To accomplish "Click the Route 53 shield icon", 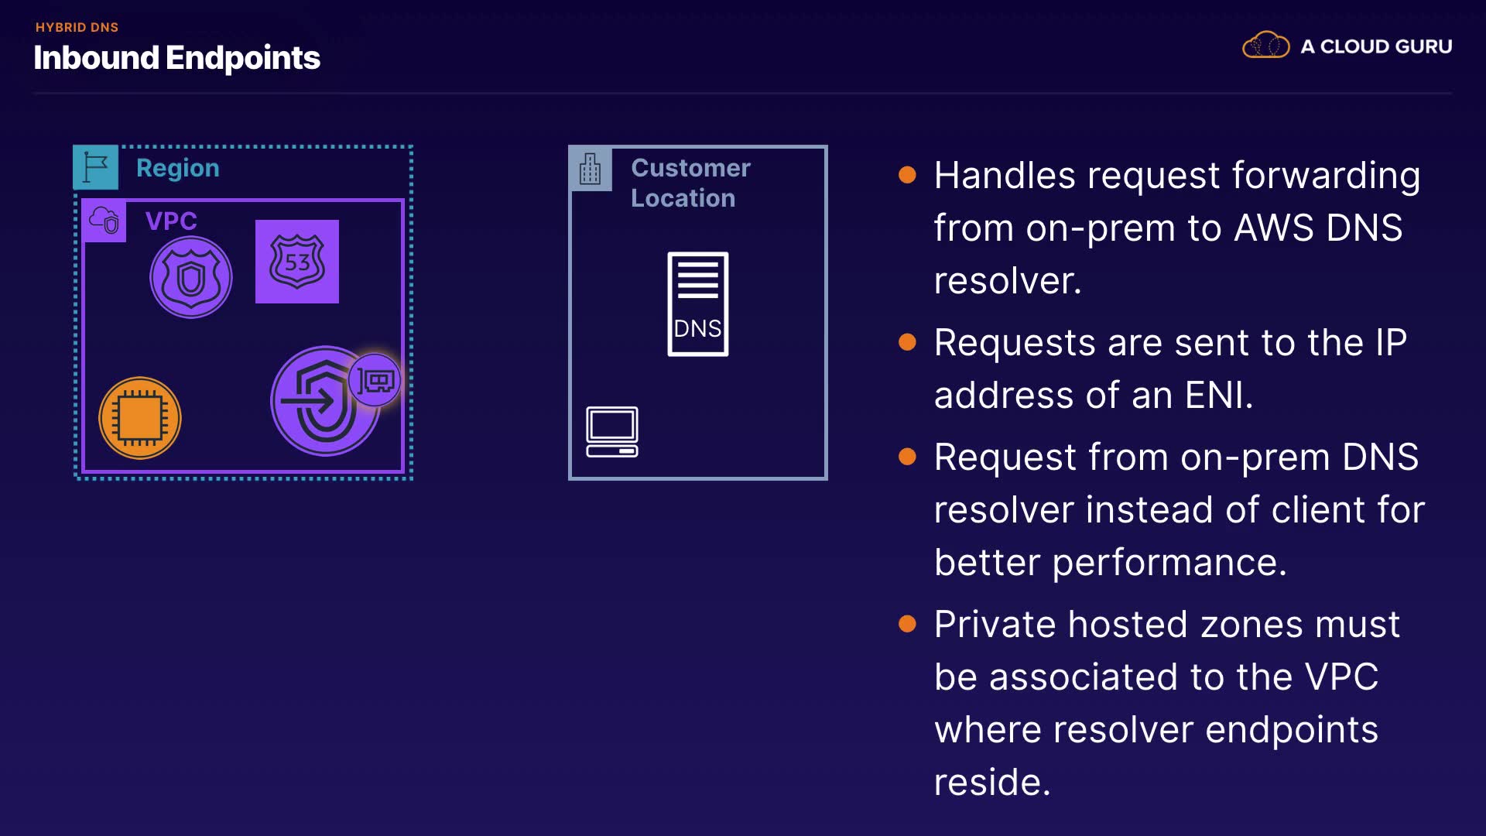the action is coord(297,262).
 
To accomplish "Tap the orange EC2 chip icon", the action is coord(140,418).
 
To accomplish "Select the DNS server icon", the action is coord(698,304).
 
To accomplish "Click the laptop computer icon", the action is coord(612,432).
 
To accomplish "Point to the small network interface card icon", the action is coord(375,380).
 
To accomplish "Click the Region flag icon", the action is coord(96,167).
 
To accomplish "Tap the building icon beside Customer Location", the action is coord(591,169).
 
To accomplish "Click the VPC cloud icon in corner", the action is coord(104,221).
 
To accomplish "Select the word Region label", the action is coord(178,169).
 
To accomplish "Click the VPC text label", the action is coord(171,221).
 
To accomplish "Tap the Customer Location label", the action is coord(690,183).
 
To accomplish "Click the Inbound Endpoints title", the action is coord(176,58).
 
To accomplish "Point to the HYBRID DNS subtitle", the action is coord(77,27).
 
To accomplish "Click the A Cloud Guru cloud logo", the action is coord(1265,46).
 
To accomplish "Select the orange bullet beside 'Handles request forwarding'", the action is coord(907,175).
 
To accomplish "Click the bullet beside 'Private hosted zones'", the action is coord(907,624).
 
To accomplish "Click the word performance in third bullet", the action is coord(1164,564).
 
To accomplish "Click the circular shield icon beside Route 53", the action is coord(191,277).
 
